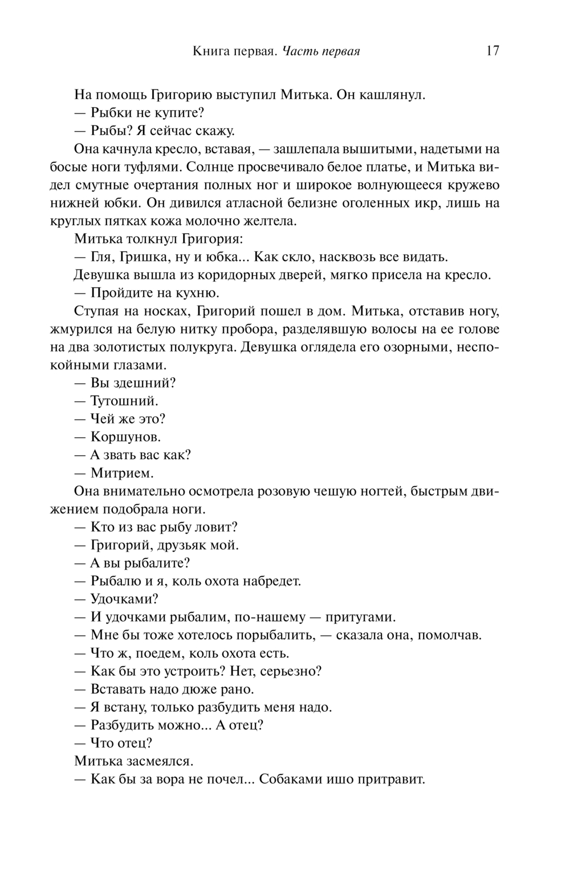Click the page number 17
tap(492, 51)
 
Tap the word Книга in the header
tap(209, 52)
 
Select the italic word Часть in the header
tap(300, 52)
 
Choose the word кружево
tap(471, 186)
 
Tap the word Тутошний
tap(124, 401)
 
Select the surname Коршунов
tap(125, 437)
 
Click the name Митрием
tap(122, 473)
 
